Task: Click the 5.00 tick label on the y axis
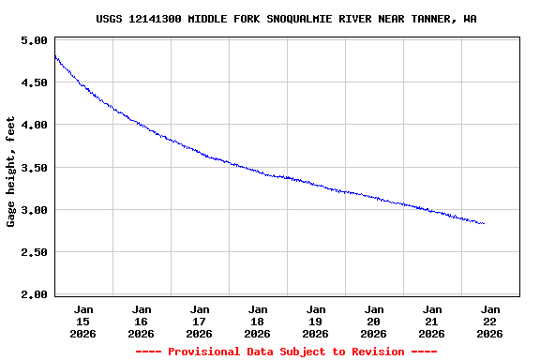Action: [x=34, y=41]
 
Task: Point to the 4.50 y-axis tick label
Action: [x=34, y=83]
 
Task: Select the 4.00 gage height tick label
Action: [x=34, y=126]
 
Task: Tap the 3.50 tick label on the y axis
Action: [x=34, y=169]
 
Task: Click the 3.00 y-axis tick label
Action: [x=34, y=211]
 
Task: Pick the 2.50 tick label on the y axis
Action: [x=34, y=253]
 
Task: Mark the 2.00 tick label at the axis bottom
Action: [x=34, y=295]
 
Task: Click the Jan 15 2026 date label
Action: [x=83, y=321]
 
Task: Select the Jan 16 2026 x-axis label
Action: [x=142, y=321]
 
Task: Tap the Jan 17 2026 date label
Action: [x=200, y=321]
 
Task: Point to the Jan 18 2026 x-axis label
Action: [x=258, y=321]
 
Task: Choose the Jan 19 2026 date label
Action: [x=316, y=321]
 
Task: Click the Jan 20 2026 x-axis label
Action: [x=374, y=321]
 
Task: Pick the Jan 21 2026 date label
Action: [x=432, y=321]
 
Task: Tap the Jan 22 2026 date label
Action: [x=490, y=321]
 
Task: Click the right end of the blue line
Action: [x=484, y=223]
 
